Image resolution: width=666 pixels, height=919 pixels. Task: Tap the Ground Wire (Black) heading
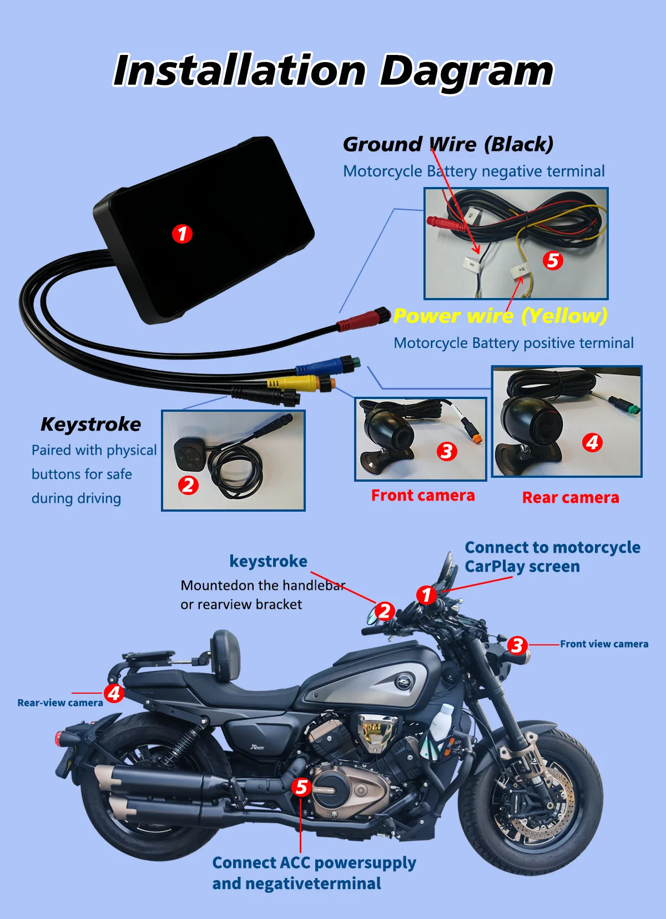pyautogui.click(x=448, y=144)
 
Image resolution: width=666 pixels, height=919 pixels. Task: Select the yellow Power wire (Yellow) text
pyautogui.click(x=500, y=316)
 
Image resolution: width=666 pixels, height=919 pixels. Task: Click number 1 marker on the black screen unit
pyautogui.click(x=182, y=234)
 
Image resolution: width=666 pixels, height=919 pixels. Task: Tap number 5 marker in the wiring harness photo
pyautogui.click(x=552, y=260)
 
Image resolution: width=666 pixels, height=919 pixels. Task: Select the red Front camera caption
pyautogui.click(x=422, y=496)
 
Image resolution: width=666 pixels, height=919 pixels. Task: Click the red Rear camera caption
pyautogui.click(x=570, y=498)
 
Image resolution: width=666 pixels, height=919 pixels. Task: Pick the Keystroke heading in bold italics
pyautogui.click(x=90, y=425)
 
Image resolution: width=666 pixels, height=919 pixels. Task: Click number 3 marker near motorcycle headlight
pyautogui.click(x=517, y=645)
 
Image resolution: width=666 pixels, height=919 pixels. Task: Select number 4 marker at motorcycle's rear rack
pyautogui.click(x=114, y=693)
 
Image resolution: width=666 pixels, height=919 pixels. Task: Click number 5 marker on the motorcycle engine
pyautogui.click(x=301, y=787)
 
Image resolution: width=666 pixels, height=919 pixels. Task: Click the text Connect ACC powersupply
pyautogui.click(x=314, y=863)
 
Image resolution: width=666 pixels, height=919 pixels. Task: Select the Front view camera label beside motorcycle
pyautogui.click(x=603, y=644)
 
